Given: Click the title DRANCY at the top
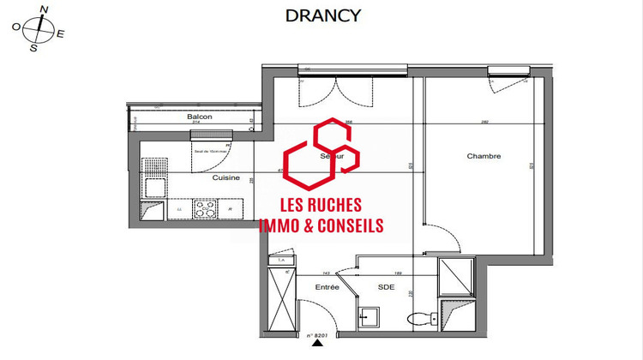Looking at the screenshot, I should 322,15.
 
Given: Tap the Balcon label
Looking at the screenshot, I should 199,117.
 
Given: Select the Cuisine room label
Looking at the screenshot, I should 225,177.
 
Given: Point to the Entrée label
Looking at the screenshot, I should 327,286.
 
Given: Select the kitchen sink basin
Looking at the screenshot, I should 155,187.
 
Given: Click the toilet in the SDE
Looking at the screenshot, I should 421,319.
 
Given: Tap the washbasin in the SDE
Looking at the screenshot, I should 370,318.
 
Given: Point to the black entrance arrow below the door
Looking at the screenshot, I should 319,344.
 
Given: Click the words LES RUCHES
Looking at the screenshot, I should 321,206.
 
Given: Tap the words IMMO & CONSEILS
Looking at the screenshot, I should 321,226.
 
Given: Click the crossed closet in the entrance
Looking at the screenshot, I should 280,297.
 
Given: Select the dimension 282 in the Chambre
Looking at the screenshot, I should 484,123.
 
